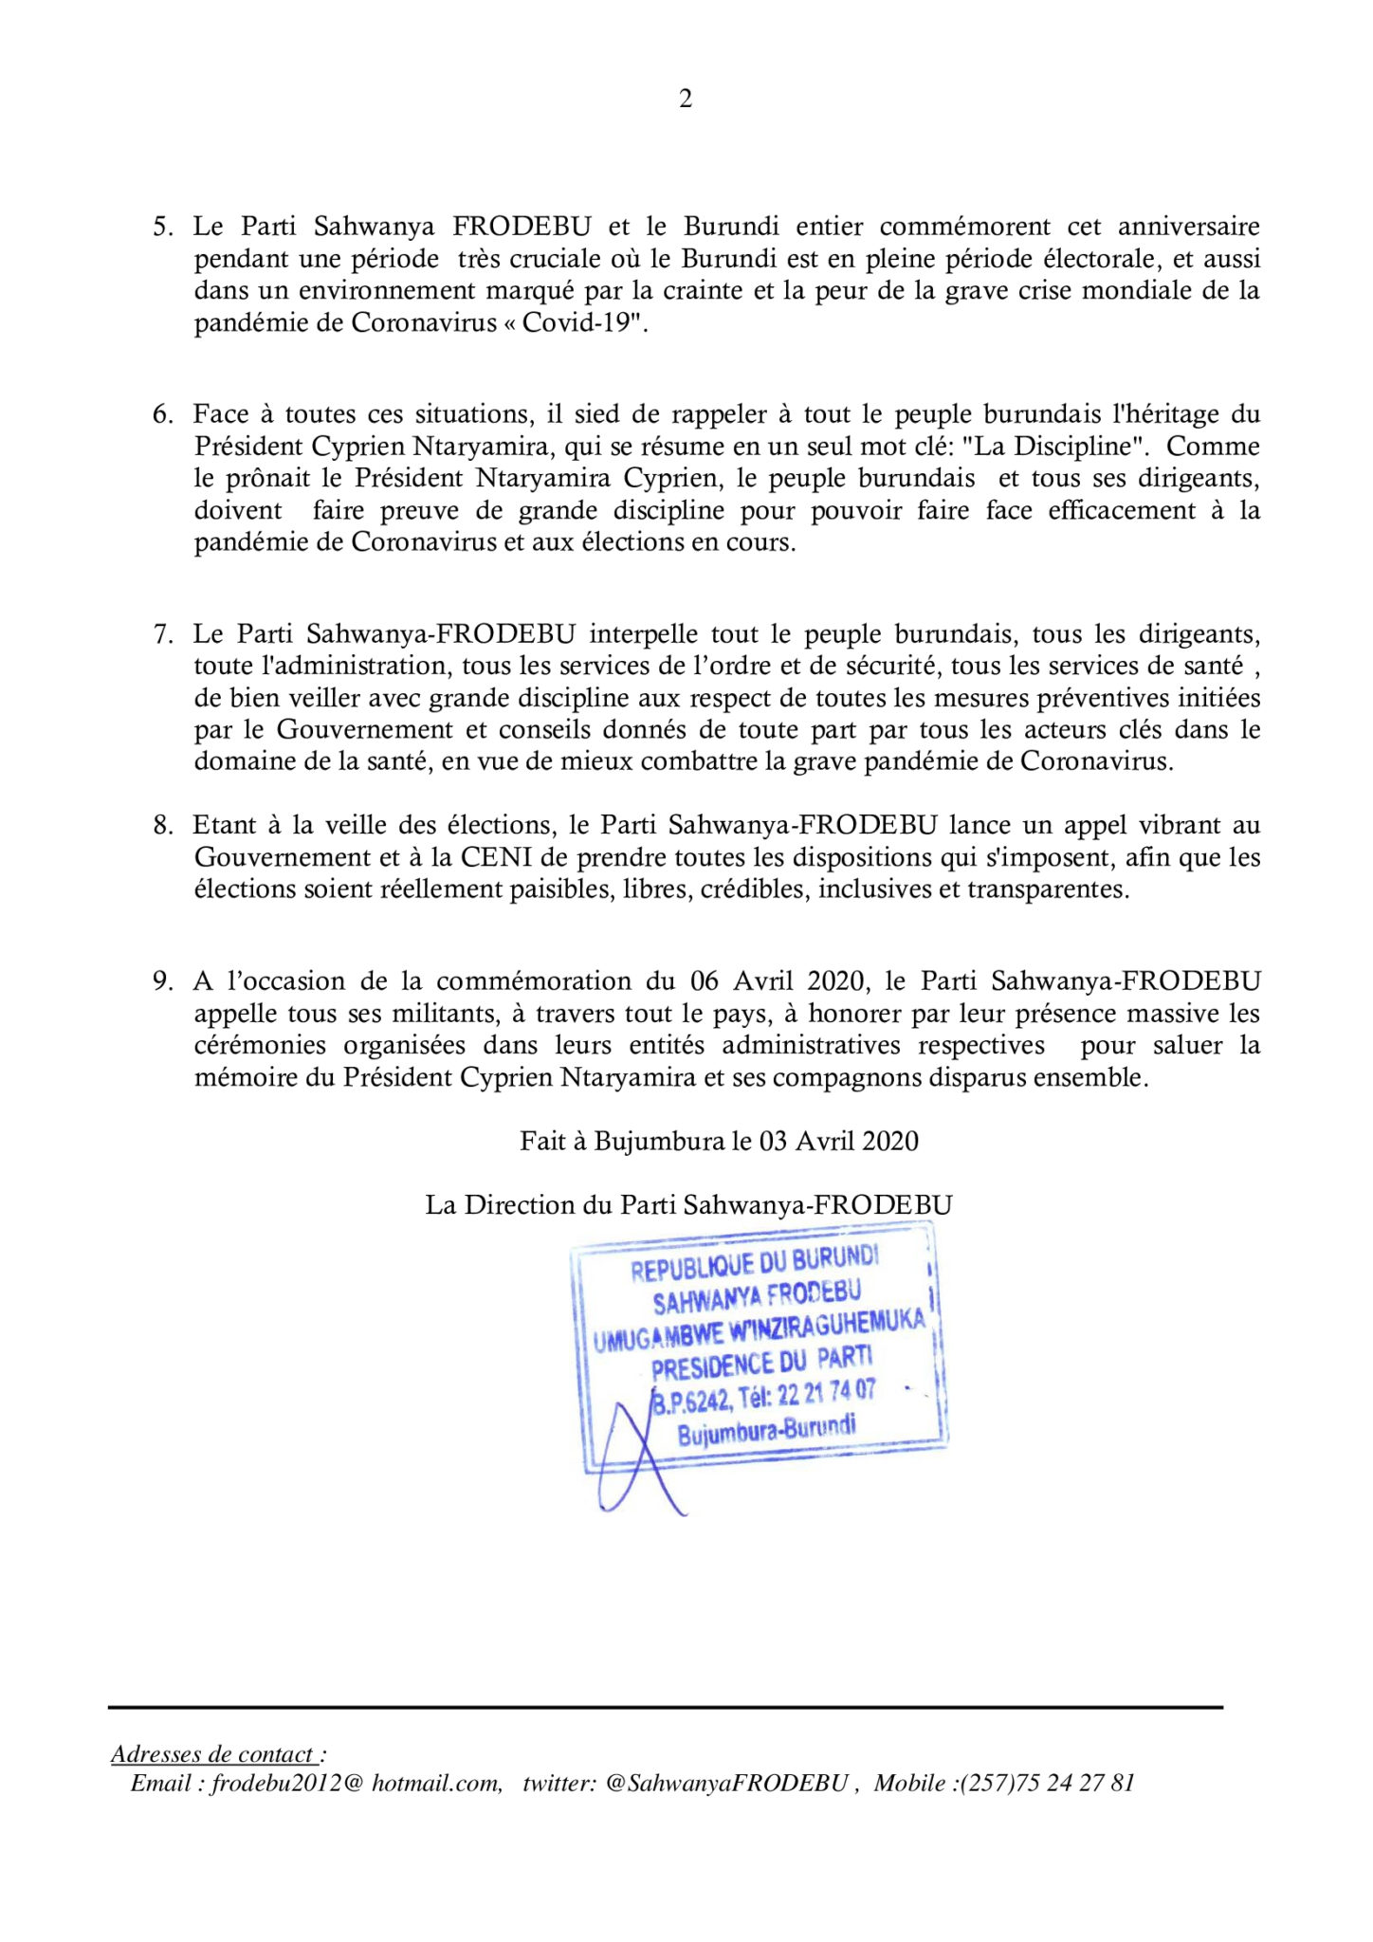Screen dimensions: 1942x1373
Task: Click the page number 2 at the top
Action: [x=686, y=99]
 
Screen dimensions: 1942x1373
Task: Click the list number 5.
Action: [x=162, y=227]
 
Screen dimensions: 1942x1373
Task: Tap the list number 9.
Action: [x=162, y=980]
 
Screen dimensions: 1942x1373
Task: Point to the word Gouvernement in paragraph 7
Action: [x=365, y=729]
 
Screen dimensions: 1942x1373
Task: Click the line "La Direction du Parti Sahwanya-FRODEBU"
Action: [x=688, y=1204]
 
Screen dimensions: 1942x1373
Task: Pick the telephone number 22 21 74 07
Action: [x=826, y=1394]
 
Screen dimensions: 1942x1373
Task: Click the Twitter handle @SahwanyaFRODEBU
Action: [x=725, y=1784]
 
